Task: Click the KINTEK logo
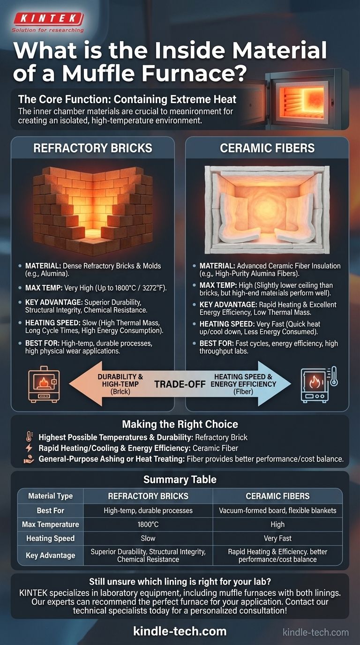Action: coord(48,22)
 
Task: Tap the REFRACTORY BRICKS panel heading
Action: coord(93,148)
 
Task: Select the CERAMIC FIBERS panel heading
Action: coord(267,148)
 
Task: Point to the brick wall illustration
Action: coord(93,210)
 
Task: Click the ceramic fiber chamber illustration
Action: coord(267,210)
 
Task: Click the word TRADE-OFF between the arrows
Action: coord(180,384)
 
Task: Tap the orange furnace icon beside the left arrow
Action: coord(44,384)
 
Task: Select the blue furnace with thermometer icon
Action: coord(319,384)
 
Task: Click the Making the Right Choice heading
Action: coord(180,424)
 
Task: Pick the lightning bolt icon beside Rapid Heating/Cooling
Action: coord(29,448)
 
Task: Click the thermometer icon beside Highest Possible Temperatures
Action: coord(29,437)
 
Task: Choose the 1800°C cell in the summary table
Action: coord(148,525)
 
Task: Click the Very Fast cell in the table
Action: coord(277,538)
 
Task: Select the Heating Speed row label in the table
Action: coord(51,538)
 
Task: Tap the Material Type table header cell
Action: coord(51,496)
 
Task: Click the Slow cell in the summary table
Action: coord(148,538)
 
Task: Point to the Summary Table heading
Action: coord(180,480)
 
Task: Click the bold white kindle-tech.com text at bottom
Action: coord(180,631)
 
